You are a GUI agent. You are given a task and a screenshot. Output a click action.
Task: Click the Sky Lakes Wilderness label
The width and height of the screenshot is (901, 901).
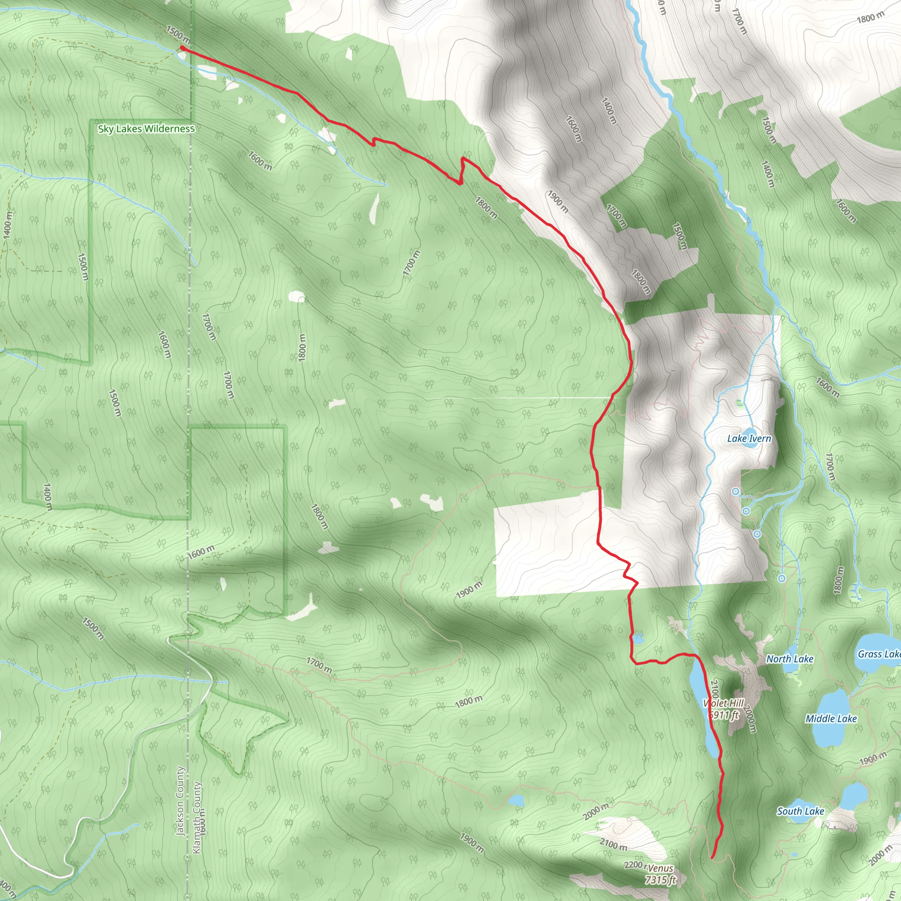tap(146, 129)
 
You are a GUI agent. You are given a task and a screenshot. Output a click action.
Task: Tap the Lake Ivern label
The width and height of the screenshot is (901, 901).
tap(749, 438)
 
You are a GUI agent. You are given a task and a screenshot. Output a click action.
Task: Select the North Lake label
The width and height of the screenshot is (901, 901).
tap(790, 659)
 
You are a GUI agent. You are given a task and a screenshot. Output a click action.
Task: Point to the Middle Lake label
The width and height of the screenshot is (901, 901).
tap(831, 719)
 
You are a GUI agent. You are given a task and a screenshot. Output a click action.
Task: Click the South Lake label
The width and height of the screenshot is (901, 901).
tap(800, 811)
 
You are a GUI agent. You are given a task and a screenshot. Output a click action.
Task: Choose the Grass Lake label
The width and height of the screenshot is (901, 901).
tap(879, 654)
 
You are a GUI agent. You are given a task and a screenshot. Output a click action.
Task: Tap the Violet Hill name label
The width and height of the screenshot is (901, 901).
tap(723, 703)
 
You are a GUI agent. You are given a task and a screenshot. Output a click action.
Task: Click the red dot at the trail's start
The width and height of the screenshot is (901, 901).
tap(183, 48)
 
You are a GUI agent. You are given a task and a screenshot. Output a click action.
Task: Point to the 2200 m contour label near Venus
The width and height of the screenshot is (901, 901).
tap(635, 865)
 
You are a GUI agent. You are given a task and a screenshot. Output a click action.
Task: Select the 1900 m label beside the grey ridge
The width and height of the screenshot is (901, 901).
tap(558, 202)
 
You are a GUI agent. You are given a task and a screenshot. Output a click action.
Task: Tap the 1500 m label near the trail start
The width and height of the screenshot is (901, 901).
tap(178, 33)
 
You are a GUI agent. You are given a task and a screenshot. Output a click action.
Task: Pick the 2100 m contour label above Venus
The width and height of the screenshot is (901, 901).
tap(613, 844)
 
